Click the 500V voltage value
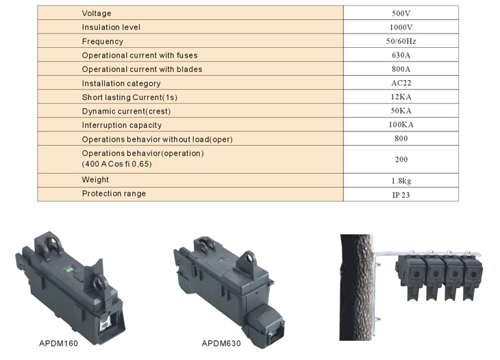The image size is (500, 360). pos(401,14)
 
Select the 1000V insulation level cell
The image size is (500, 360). pos(401,27)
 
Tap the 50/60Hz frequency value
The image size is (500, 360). pos(401,41)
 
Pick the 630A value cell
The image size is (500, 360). pos(401,55)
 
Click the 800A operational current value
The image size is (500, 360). pos(401,69)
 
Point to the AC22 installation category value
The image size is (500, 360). pos(401,83)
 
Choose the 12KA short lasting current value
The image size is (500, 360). pos(401,97)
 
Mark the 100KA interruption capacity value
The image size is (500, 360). pos(401,125)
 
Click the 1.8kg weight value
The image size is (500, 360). pos(401,181)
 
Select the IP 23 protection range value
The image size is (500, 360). pos(401,195)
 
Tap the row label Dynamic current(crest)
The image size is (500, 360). pos(126,111)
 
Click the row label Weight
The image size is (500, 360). pos(95,180)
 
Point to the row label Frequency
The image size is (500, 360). pos(102,42)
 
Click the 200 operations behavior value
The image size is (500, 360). pos(401,159)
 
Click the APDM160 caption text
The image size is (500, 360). pos(58,344)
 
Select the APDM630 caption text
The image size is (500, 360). pos(221,344)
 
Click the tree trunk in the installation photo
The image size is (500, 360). pos(356,287)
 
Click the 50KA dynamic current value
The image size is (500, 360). pos(401,111)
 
